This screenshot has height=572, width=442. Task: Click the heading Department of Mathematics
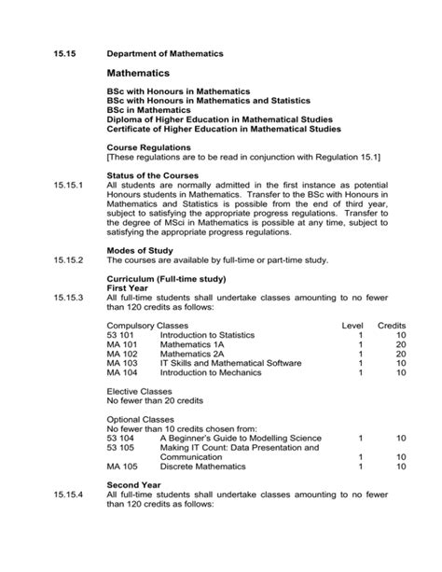coord(165,54)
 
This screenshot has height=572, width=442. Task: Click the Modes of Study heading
coord(144,251)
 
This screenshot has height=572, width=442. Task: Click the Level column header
coord(352,324)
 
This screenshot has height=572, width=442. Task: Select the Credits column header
coord(392,324)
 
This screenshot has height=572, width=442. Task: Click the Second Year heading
coord(138,486)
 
